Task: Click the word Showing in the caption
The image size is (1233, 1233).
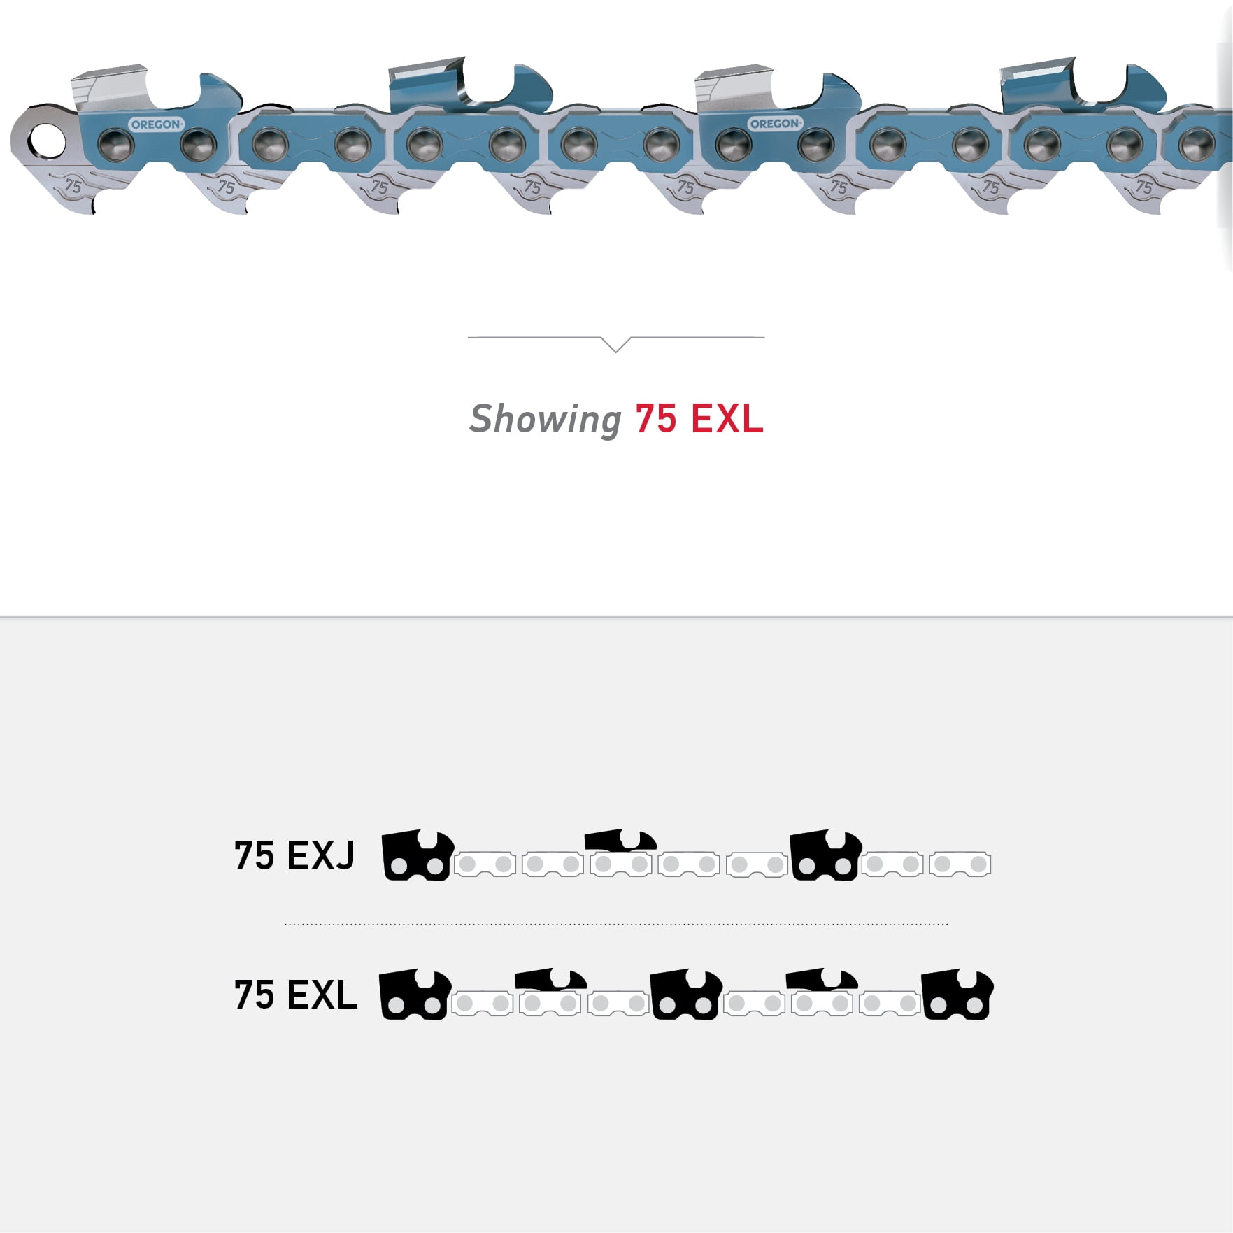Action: pos(545,420)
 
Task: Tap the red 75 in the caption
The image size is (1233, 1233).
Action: pos(655,419)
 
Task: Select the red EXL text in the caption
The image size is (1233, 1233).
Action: pos(727,419)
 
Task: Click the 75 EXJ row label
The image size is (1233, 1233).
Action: pos(294,855)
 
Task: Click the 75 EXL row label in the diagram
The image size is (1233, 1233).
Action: pos(295,995)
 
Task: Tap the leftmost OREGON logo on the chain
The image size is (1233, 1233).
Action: pos(155,124)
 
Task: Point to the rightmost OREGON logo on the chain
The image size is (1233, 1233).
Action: pos(774,124)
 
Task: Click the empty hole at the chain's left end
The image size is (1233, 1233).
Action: pos(47,141)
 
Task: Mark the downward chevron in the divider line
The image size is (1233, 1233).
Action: pos(616,343)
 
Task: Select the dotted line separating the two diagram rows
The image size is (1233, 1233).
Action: pos(615,924)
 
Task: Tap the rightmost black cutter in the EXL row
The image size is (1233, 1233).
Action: pos(957,995)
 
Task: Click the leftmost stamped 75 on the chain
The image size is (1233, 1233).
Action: pos(73,187)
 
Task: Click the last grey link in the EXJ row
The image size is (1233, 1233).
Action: pos(960,864)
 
